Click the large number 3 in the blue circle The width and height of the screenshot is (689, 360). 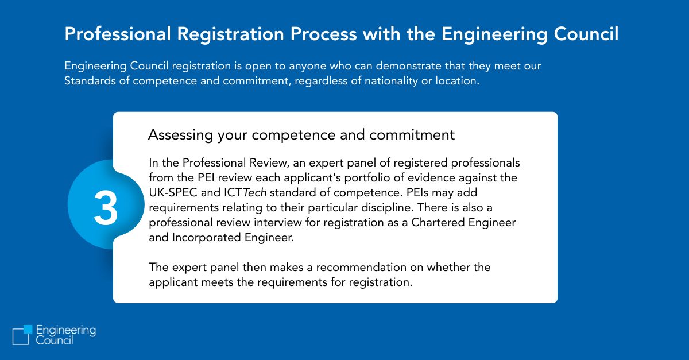click(x=106, y=208)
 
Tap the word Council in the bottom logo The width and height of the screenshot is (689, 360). click(x=55, y=340)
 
